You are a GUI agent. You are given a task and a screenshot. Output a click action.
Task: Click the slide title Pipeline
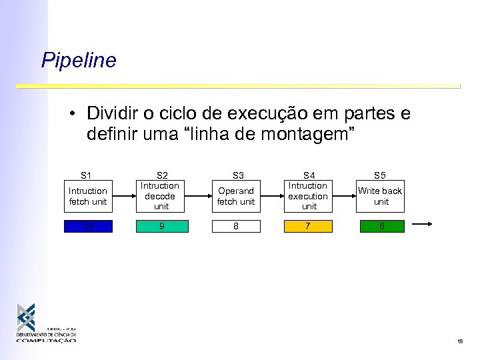(x=79, y=61)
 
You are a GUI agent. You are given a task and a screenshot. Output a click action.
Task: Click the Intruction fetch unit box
(x=88, y=196)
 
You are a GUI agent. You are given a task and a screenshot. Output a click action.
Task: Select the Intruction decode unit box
(x=160, y=196)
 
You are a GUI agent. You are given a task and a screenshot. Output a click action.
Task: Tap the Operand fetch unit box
(x=236, y=196)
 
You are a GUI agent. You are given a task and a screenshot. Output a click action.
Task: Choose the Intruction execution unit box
(x=308, y=196)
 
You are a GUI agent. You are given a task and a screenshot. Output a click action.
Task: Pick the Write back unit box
(x=380, y=196)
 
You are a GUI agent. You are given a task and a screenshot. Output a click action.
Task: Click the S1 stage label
(x=86, y=175)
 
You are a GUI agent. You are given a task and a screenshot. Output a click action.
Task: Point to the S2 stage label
(x=161, y=175)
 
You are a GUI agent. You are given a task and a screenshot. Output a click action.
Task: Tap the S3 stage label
(x=237, y=175)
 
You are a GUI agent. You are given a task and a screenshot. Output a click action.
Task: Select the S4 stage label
(x=309, y=175)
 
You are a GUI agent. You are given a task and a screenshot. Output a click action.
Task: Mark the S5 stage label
(x=379, y=175)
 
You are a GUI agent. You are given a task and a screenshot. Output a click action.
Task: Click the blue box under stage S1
(x=88, y=226)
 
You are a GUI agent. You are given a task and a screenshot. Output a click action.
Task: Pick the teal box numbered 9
(x=160, y=226)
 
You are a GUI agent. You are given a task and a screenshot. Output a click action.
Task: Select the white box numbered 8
(x=236, y=226)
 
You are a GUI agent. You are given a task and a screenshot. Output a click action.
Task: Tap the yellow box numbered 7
(x=308, y=226)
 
